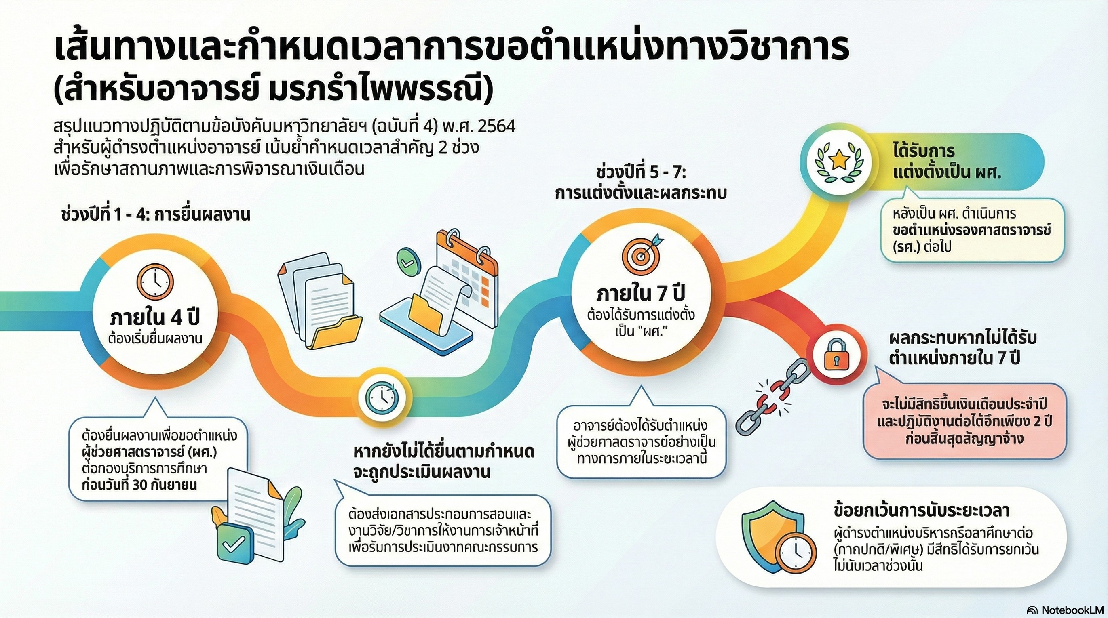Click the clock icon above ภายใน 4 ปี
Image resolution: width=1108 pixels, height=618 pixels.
tap(155, 281)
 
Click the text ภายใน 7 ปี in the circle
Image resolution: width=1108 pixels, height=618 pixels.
tap(641, 294)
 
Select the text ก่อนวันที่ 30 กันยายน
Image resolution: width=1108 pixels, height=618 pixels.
tap(139, 485)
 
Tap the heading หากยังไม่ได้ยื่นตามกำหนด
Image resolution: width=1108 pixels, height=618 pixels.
tap(443, 452)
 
